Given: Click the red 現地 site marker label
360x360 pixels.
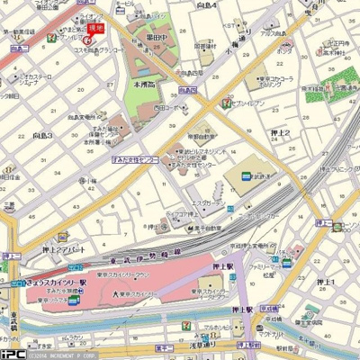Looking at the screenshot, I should [x=94, y=28].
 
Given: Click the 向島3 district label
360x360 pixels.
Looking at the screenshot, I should [x=42, y=135].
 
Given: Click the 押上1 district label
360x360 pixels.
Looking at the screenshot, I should [x=323, y=283].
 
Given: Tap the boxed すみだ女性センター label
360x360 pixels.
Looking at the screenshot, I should [x=135, y=158].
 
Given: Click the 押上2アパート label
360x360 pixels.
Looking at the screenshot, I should [x=65, y=249].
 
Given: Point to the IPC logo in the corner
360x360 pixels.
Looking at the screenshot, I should [x=13, y=353].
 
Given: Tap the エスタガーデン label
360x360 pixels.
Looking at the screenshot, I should [x=209, y=203].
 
